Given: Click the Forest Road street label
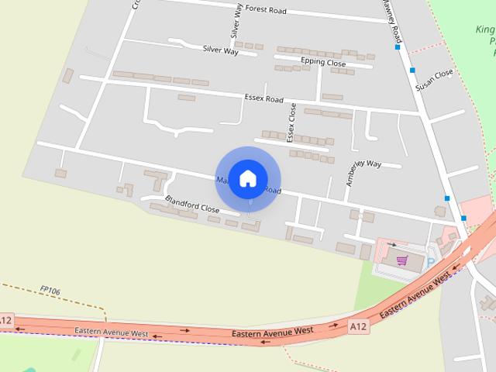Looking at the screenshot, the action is tap(267, 11).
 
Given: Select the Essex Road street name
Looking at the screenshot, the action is tap(264, 98).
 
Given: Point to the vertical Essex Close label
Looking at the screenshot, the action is tap(291, 122).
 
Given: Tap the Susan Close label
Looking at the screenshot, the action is tap(434, 80).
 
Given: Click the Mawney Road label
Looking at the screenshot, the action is tap(391, 20).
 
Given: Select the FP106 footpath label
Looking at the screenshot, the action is tap(50, 291).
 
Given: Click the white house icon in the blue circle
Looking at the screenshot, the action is tap(248, 178).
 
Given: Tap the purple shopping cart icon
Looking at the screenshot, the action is tap(402, 260).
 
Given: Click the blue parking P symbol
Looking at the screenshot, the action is tap(431, 263).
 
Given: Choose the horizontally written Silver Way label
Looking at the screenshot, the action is tap(220, 49).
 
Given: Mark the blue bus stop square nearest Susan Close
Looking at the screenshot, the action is tap(412, 71).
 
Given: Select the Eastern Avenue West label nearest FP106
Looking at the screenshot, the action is tap(112, 332).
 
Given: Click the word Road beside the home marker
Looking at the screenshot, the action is tap(271, 190).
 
